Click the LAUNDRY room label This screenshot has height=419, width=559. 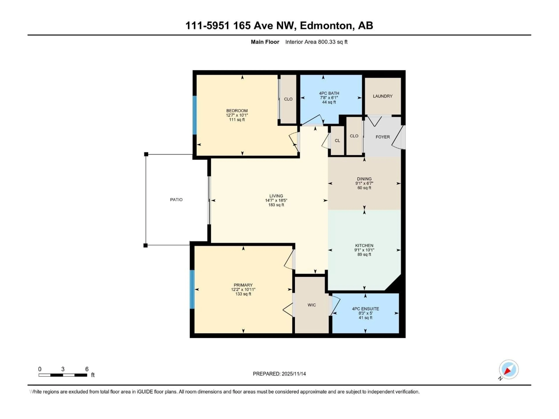click(x=383, y=96)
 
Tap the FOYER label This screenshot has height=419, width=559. click(x=383, y=137)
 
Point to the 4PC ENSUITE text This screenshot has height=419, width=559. click(x=365, y=309)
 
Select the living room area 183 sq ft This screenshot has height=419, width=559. click(x=276, y=205)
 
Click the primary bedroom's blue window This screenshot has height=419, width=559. click(x=192, y=289)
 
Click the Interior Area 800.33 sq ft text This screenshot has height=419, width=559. click(x=316, y=42)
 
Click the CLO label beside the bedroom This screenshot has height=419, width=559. click(x=288, y=99)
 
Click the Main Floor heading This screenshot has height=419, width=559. click(x=265, y=42)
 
